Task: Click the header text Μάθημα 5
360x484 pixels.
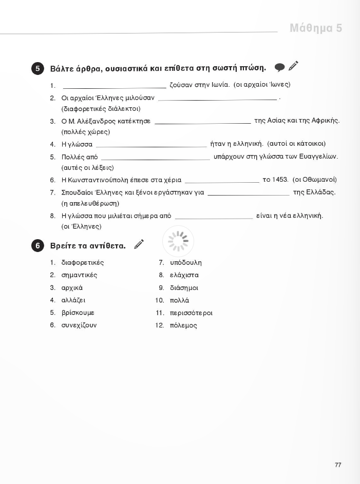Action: click(x=315, y=28)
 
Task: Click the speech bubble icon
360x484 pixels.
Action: click(x=279, y=67)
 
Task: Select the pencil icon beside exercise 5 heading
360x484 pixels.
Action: click(x=293, y=66)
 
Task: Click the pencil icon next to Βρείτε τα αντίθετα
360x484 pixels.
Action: click(x=139, y=244)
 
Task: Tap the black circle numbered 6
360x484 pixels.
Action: click(x=37, y=246)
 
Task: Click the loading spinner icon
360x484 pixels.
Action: click(x=178, y=241)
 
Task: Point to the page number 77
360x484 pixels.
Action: click(x=338, y=465)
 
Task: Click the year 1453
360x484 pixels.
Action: click(x=280, y=180)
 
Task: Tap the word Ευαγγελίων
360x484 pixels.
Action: click(x=320, y=157)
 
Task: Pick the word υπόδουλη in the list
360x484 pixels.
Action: click(x=186, y=263)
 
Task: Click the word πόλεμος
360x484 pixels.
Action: click(x=183, y=325)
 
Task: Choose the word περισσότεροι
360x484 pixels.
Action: click(x=191, y=313)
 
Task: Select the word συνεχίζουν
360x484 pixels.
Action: click(x=79, y=325)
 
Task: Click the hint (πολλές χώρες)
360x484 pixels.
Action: click(x=86, y=132)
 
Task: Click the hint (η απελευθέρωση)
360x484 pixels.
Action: click(x=90, y=203)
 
